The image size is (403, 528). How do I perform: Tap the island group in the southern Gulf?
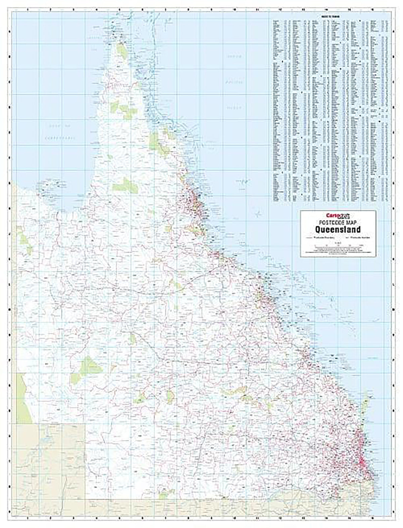(50, 184)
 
